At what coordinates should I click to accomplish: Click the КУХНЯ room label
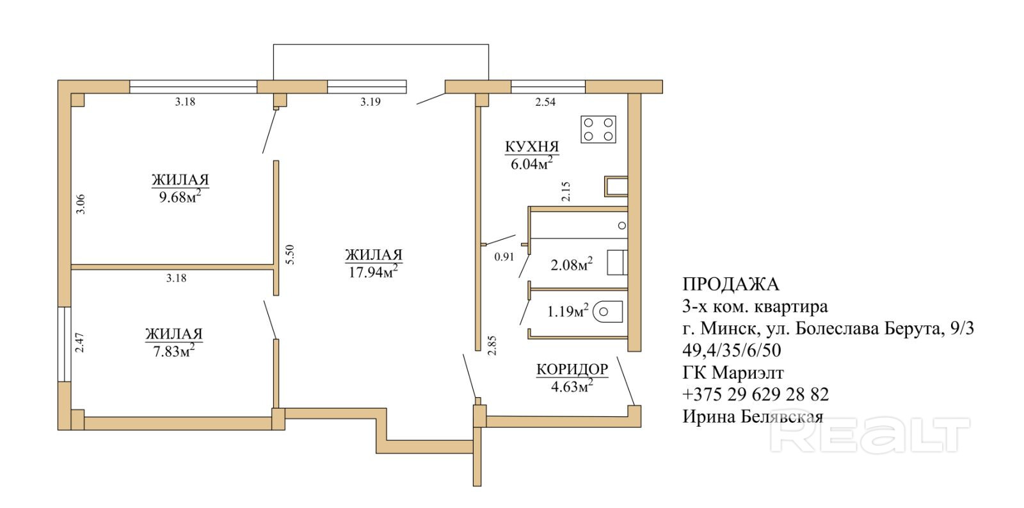pos(532,147)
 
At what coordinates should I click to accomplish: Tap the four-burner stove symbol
pos(598,129)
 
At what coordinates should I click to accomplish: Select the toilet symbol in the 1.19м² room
pos(608,312)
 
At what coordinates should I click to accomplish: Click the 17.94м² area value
pos(373,272)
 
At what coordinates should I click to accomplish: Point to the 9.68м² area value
pos(180,197)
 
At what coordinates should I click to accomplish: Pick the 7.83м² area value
pos(173,351)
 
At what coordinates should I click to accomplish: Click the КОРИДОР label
pos(572,369)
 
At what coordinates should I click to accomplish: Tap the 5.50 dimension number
pos(290,254)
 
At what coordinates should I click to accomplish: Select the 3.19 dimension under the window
pos(371,102)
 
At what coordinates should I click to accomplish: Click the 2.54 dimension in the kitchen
pos(545,102)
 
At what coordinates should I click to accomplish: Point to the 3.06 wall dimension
pos(81,204)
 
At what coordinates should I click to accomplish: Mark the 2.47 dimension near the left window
pos(79,342)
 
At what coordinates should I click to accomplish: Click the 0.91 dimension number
pos(504,257)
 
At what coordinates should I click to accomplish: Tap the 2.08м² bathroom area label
pos(572,265)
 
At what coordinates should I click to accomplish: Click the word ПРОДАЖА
pos(730,284)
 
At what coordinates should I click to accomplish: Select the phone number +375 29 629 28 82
pos(755,395)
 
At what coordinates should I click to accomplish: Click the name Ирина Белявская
pos(753,416)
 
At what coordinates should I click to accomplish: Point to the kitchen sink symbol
pos(616,186)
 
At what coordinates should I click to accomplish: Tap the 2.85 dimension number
pos(492,345)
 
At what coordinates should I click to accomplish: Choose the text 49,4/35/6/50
pos(732,350)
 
